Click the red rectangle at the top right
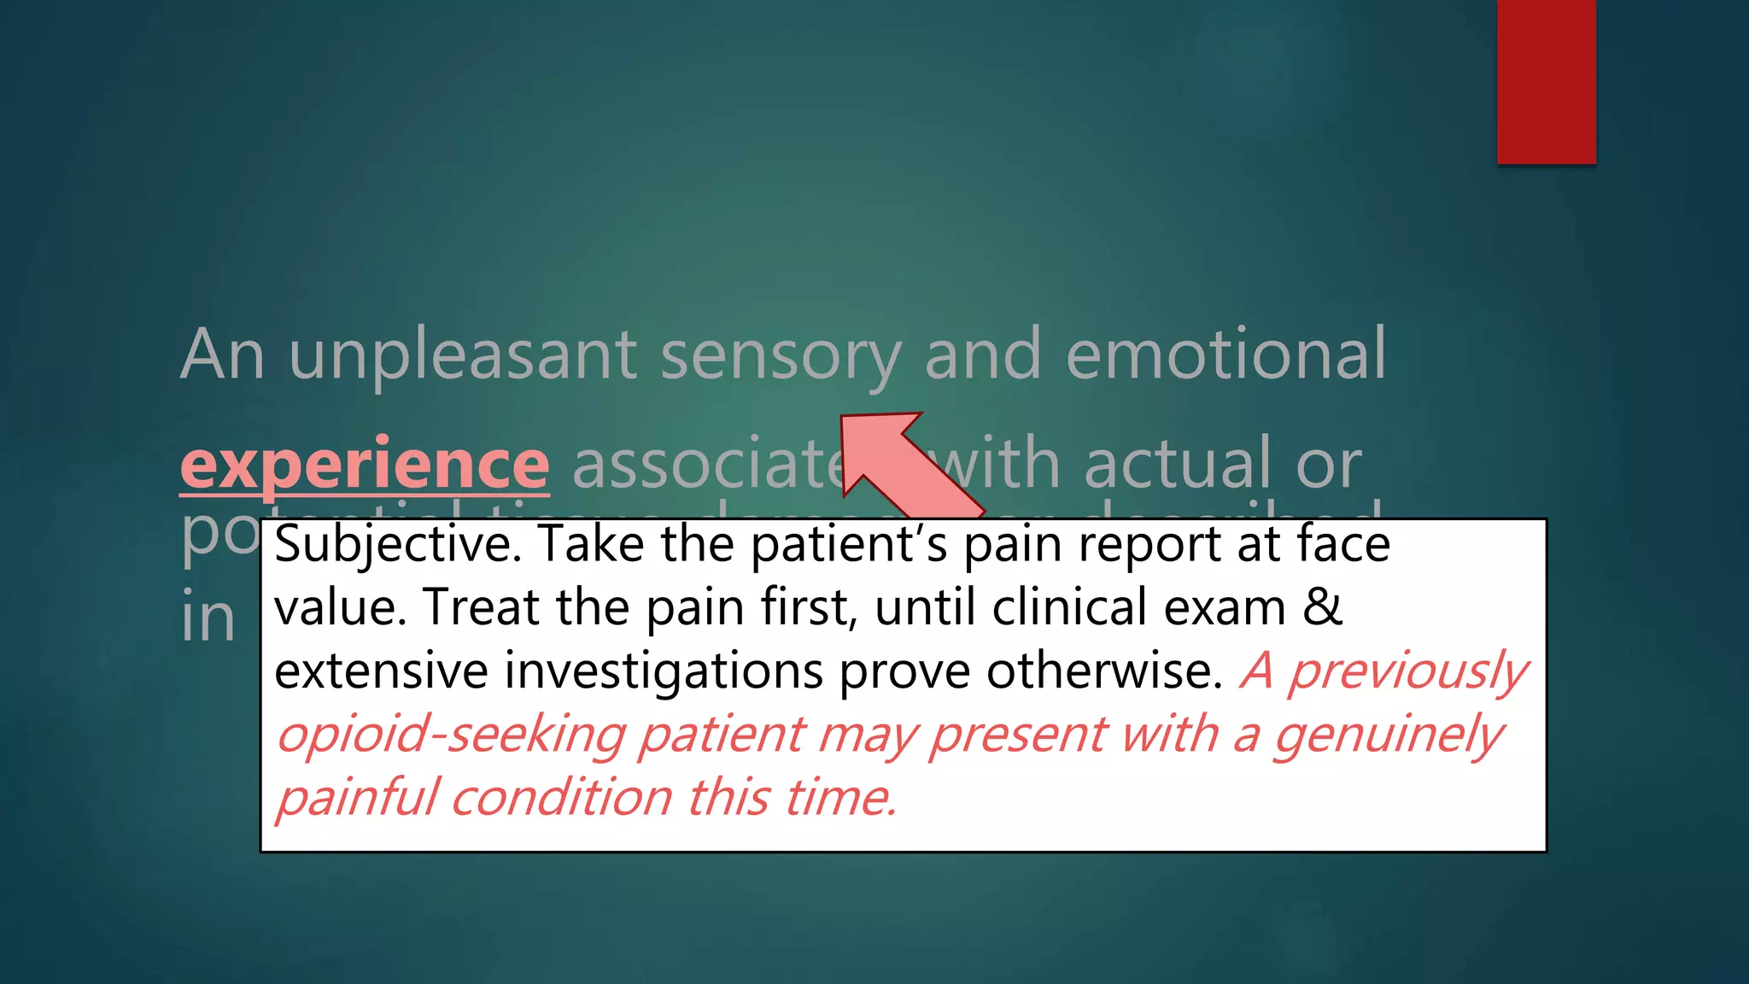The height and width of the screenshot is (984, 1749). point(1546,81)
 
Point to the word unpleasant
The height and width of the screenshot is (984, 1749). point(463,354)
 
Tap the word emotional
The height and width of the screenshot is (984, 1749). point(1225,354)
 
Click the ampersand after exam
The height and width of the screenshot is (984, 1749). point(1323,607)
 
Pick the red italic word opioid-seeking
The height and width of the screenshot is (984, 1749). point(450,734)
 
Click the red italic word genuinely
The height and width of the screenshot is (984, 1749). point(1388,735)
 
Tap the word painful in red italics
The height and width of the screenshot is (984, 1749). point(355,798)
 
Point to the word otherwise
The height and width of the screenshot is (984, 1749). point(1104,671)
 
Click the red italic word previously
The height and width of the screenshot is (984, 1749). point(1407,672)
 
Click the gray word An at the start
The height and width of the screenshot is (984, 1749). point(222,354)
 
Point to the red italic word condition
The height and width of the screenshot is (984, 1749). point(561,798)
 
